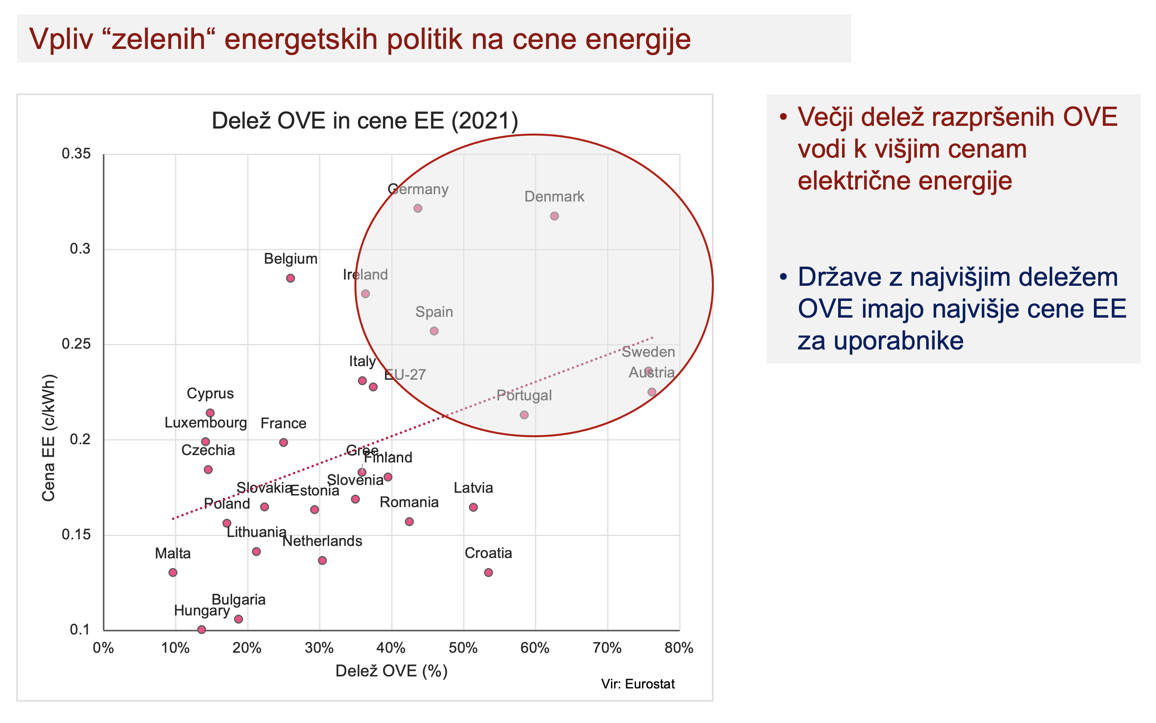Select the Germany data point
[x=418, y=209]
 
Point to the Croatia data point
[x=488, y=572]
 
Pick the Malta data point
[x=173, y=572]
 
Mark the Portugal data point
[x=524, y=415]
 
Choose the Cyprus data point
[x=210, y=413]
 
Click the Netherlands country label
[x=322, y=541]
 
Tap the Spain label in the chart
[x=434, y=312]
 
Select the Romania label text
[x=409, y=502]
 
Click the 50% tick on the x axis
[x=463, y=648]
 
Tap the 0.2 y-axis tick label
[x=80, y=439]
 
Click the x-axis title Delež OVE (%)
[x=391, y=671]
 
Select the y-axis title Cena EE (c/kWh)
[x=49, y=438]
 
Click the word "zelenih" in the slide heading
[x=158, y=39]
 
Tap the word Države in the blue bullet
[x=839, y=277]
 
